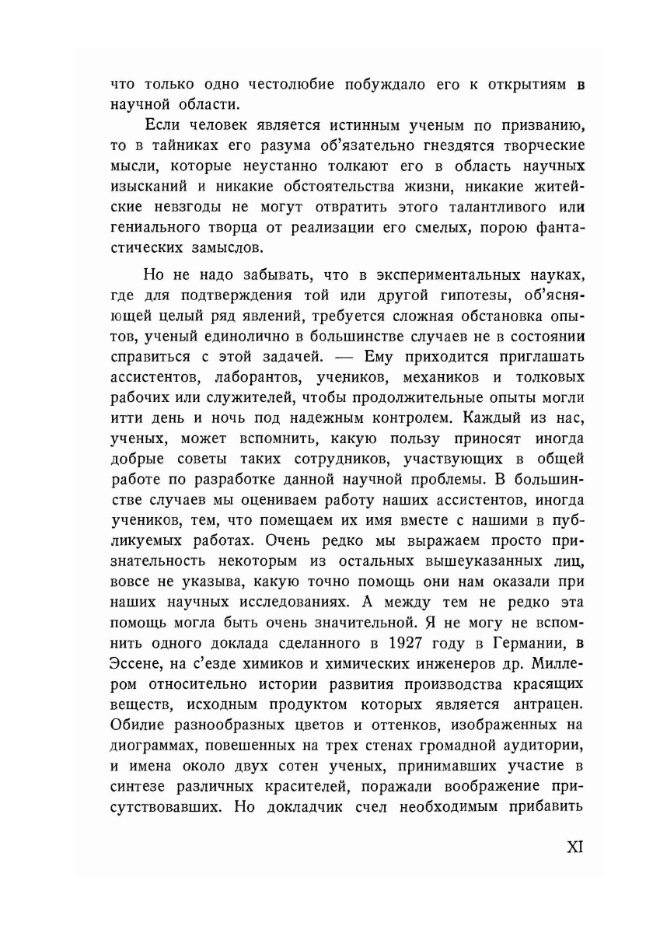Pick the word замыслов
[231, 249]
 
